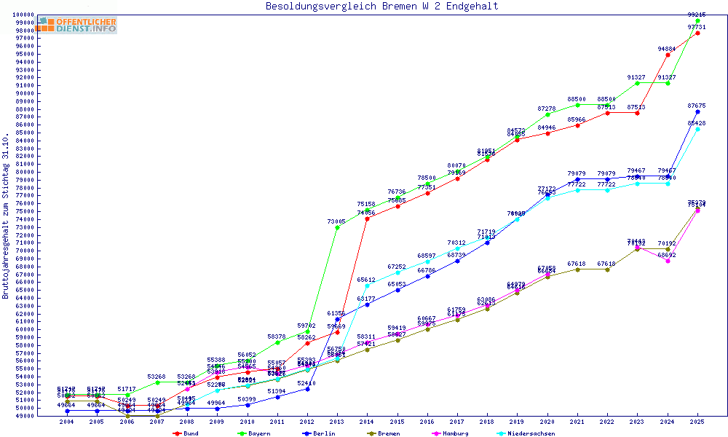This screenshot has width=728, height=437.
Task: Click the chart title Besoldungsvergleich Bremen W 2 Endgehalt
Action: [382, 6]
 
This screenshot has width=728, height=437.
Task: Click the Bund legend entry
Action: [189, 433]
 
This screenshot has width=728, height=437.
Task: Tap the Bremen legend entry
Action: [387, 433]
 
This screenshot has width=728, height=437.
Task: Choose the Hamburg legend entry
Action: [455, 433]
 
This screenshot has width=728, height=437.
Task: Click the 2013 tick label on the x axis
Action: [337, 422]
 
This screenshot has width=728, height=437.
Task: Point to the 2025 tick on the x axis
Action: [697, 422]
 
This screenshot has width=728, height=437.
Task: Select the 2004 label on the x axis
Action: [67, 422]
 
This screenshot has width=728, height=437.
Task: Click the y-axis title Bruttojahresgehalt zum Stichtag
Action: [6, 216]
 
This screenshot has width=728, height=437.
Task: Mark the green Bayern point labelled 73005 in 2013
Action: [337, 227]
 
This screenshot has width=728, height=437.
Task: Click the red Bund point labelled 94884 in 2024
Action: [668, 55]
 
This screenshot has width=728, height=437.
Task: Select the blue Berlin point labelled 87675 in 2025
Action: [697, 111]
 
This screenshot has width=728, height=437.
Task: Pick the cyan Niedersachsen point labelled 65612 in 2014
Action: [367, 286]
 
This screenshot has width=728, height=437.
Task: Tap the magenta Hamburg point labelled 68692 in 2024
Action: [668, 261]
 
